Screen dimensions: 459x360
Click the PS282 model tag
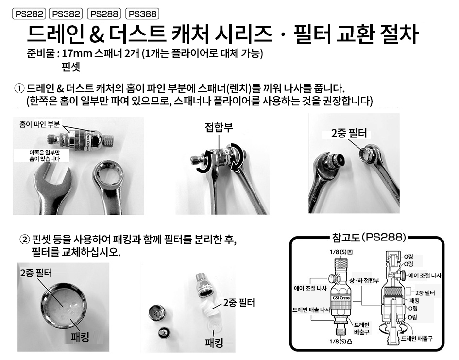[29, 14]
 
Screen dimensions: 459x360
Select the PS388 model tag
[142, 14]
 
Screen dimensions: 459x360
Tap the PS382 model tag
[66, 14]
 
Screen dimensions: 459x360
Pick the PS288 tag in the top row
[104, 14]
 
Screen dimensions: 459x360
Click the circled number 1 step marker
[19, 88]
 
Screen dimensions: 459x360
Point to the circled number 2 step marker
[25, 240]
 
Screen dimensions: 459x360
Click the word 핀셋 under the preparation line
[71, 67]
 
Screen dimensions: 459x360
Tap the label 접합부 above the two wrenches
[219, 127]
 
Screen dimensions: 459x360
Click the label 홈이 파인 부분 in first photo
[39, 124]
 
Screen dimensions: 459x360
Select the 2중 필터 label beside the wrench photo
[349, 134]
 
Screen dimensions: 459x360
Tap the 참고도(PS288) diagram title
[369, 237]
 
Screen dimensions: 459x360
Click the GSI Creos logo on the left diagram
[341, 298]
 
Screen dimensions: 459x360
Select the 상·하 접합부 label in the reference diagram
[364, 280]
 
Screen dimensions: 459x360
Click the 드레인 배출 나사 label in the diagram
[311, 309]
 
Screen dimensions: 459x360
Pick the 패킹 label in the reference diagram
[414, 301]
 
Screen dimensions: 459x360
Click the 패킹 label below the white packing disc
[214, 343]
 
